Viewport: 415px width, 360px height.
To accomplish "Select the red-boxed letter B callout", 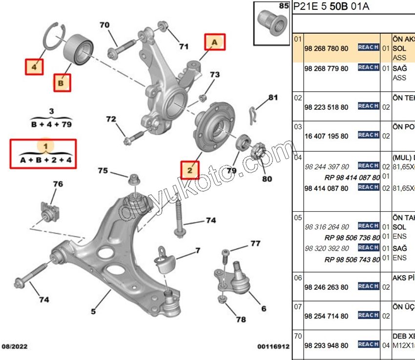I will tap(62, 83).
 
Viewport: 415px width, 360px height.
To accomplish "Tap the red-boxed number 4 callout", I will tap(34, 65).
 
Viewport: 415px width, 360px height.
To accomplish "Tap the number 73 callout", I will tap(215, 75).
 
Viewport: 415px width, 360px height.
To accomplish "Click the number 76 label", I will tap(58, 184).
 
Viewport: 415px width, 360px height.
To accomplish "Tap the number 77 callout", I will tap(255, 243).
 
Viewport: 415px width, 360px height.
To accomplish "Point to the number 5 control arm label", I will tap(93, 311).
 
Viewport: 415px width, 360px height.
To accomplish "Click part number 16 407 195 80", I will tap(326, 136).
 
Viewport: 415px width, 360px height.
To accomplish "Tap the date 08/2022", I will tap(15, 347).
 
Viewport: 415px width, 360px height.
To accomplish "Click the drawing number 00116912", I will tap(273, 347).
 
